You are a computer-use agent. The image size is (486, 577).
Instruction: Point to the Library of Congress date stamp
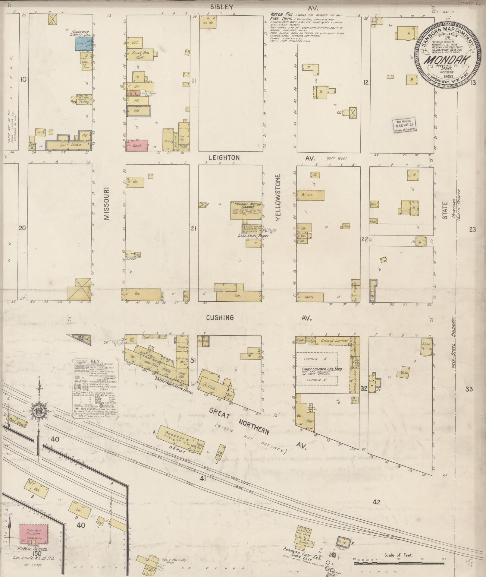click(x=404, y=125)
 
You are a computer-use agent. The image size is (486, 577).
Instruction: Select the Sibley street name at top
click(x=222, y=6)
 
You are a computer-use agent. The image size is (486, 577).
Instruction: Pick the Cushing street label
click(x=220, y=318)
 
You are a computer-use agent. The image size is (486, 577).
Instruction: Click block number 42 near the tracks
click(x=377, y=502)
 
